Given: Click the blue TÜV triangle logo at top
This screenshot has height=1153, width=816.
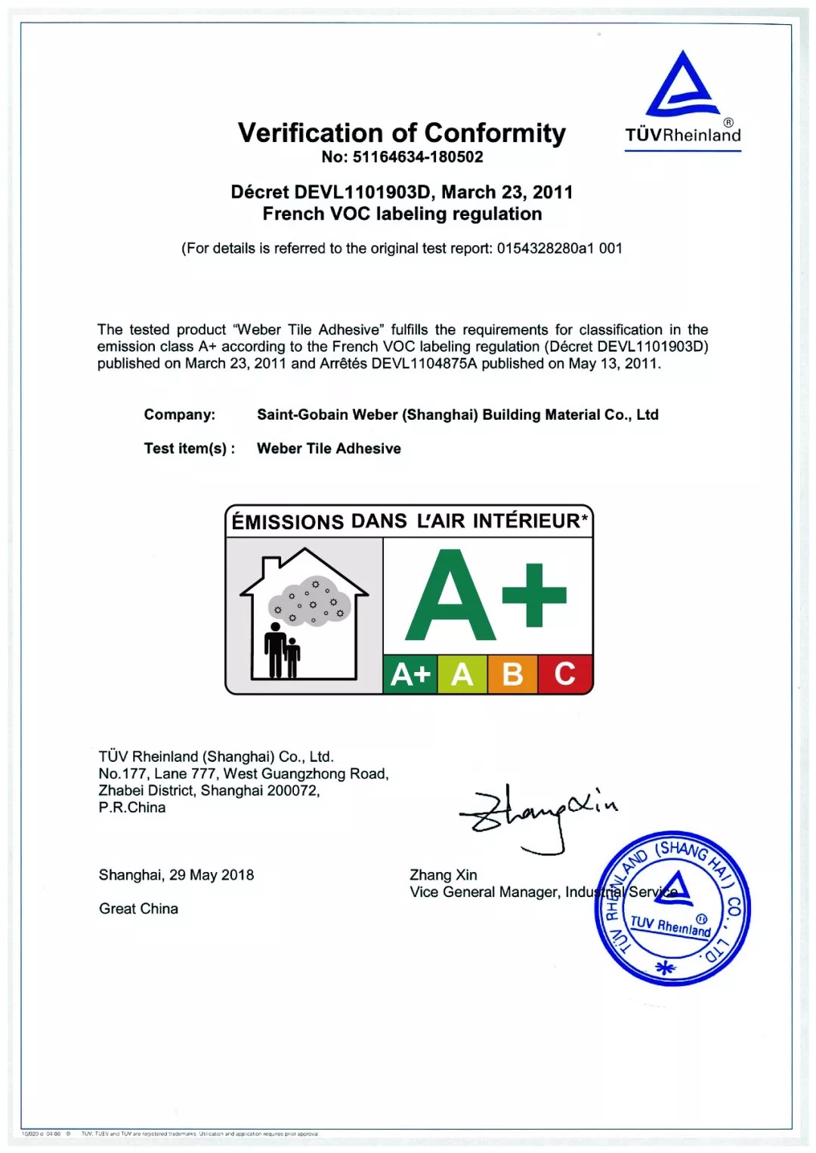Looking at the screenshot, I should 682,85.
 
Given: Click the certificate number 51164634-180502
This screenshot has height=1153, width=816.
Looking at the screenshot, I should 418,157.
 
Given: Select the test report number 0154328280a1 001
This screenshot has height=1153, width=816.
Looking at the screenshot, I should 559,248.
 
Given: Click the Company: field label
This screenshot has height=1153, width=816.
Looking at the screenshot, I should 180,415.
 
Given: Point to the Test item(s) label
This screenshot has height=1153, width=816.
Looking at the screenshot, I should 189,449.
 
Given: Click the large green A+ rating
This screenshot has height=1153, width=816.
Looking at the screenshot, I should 486,597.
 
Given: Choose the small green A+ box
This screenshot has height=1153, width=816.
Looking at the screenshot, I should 410,674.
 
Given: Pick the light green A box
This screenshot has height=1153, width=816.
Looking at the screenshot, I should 462,674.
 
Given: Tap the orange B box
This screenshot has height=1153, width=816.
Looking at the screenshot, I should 512,674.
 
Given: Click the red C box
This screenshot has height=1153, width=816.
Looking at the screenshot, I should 564,674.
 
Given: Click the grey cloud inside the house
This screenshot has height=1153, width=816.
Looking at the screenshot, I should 311,603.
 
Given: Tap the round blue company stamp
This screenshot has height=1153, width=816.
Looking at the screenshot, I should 672,908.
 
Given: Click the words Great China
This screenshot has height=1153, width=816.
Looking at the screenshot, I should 139,908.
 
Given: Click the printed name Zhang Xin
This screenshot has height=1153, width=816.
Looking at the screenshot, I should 444,875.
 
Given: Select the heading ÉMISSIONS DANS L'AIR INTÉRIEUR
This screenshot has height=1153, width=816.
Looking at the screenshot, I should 409,521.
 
